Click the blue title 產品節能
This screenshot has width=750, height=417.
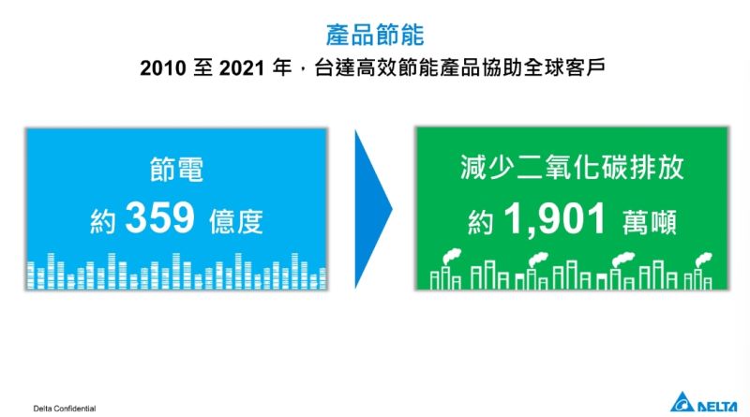[x=375, y=35]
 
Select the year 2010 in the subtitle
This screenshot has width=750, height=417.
[x=163, y=67]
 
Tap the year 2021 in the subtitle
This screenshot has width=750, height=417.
[x=242, y=67]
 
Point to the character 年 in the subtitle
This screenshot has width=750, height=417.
[x=282, y=67]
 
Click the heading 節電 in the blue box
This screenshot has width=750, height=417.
[x=176, y=170]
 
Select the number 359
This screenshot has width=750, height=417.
[x=159, y=217]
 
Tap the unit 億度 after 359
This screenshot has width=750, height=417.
[x=236, y=221]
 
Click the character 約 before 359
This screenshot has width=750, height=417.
[x=103, y=221]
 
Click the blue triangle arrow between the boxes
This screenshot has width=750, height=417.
[x=373, y=209]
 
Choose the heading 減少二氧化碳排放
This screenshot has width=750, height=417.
[x=572, y=167]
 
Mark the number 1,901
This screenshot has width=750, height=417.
[x=555, y=219]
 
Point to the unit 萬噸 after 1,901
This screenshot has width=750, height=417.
[x=649, y=222]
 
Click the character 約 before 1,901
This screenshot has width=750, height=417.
[x=481, y=222]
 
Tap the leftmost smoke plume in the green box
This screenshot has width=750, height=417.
[x=452, y=257]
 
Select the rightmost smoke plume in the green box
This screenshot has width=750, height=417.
[x=704, y=260]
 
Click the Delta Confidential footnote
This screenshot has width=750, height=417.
[x=65, y=409]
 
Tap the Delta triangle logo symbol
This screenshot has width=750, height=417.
[x=682, y=403]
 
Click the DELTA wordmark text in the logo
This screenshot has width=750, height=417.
[x=717, y=407]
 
